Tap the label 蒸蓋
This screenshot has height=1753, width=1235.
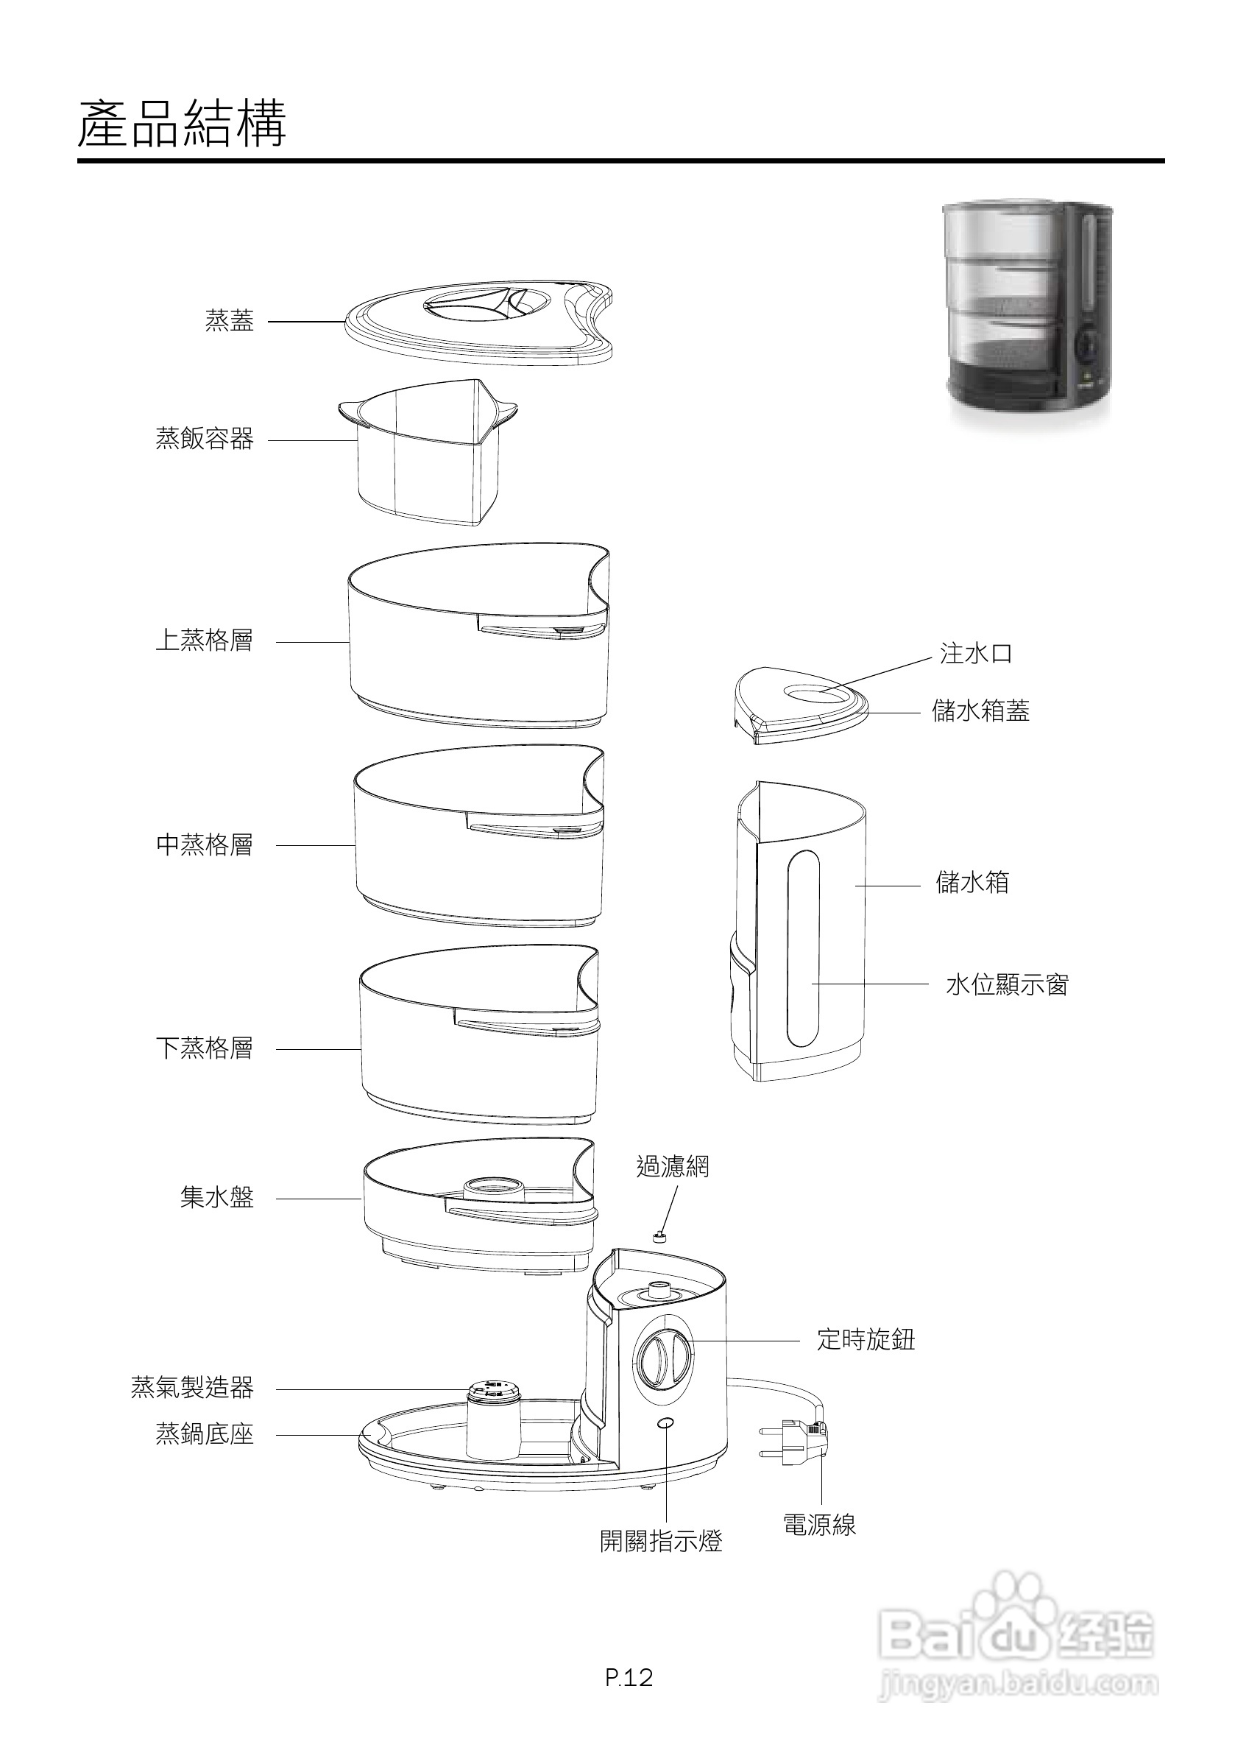[x=229, y=321]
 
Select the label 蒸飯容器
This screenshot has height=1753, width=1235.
[x=205, y=439]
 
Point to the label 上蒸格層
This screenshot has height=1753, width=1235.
[x=205, y=641]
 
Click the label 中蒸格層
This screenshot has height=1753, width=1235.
[x=205, y=844]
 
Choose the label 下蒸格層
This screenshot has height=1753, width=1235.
[x=205, y=1048]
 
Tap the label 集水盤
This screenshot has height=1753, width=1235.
[x=217, y=1197]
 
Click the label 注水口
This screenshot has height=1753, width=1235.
[x=975, y=654]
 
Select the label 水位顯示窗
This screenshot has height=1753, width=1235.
[x=1007, y=985]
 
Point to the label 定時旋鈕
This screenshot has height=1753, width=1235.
[x=866, y=1339]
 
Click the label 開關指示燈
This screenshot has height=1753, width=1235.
[x=661, y=1542]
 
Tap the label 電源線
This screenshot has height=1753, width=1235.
[x=819, y=1525]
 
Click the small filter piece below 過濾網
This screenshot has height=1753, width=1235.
[x=659, y=1236]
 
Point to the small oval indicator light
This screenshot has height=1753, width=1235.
[x=665, y=1423]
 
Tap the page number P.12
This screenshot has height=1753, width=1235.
[x=629, y=1677]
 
